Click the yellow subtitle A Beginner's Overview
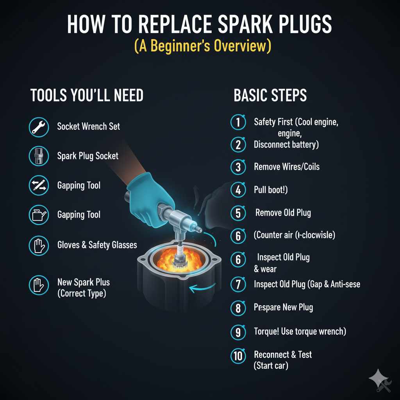tap(202, 46)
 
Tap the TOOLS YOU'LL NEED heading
tap(87, 95)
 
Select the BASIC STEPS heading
tap(270, 95)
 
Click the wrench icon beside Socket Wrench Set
tap(39, 127)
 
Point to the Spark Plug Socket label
tap(87, 156)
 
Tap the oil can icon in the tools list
tap(39, 214)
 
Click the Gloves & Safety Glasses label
tap(97, 245)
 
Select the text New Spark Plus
tap(83, 282)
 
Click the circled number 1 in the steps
tap(238, 122)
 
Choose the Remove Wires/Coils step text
tap(286, 167)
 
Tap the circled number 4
tap(238, 190)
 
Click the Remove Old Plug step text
tap(283, 213)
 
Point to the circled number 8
tap(238, 308)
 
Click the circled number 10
tap(238, 355)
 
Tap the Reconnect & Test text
tap(283, 355)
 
